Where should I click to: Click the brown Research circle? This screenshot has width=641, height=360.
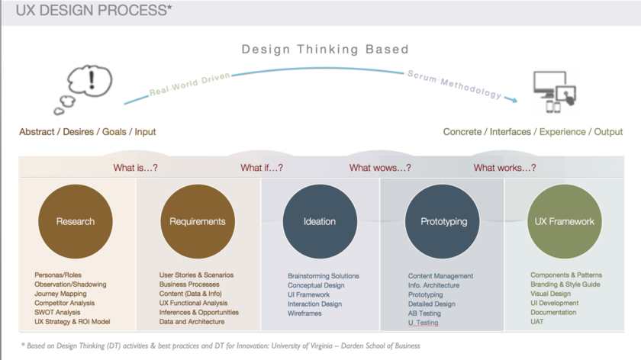[76, 221]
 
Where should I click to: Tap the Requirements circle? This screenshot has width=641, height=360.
[198, 221]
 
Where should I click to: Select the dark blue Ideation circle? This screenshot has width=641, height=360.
[320, 221]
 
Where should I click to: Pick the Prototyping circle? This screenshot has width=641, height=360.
[443, 221]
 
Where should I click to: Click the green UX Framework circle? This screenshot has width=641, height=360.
[565, 221]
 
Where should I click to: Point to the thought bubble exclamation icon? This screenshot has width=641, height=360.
[84, 89]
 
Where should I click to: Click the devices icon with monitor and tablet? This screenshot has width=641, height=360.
[555, 92]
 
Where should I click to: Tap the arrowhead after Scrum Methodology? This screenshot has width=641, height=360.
[514, 99]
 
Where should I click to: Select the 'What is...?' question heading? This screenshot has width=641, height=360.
[135, 168]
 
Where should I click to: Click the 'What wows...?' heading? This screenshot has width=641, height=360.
[380, 168]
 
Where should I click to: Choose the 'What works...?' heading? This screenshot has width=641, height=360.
[504, 168]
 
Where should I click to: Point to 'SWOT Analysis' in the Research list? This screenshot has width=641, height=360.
[57, 312]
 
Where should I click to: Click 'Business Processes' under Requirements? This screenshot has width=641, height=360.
[189, 284]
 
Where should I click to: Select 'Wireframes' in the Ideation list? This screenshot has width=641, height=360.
[304, 313]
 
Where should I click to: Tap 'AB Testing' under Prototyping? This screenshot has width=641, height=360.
[424, 313]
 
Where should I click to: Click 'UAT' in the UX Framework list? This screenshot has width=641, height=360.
[537, 322]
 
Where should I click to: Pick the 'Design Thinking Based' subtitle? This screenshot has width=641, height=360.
[325, 50]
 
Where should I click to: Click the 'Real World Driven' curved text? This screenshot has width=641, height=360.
[190, 84]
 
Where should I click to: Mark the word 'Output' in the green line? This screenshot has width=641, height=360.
[608, 132]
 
